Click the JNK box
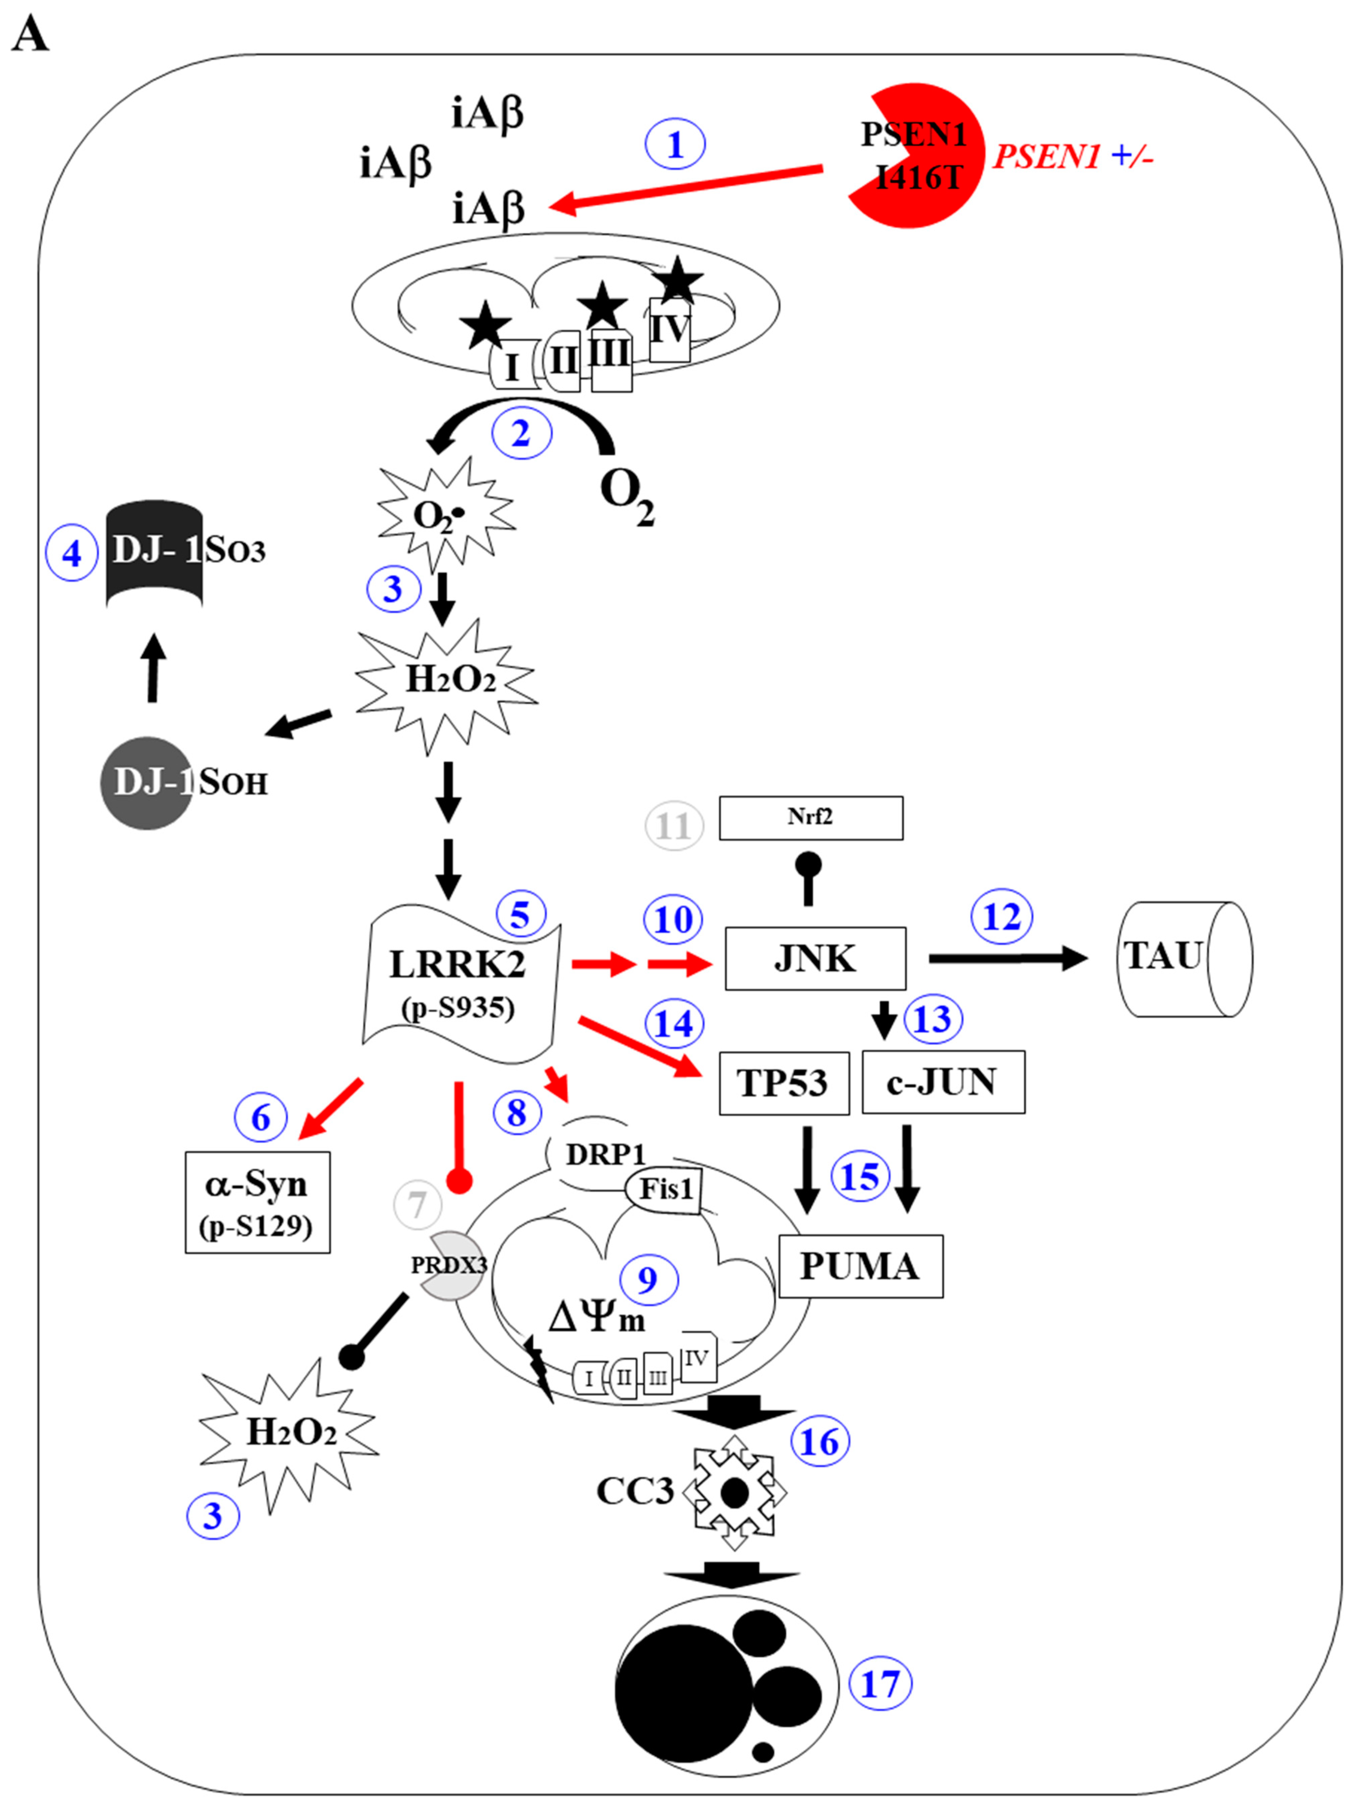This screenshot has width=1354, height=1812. [815, 958]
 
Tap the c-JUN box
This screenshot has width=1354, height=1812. [943, 1081]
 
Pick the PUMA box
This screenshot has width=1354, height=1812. [860, 1266]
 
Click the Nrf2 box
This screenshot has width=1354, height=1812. [810, 817]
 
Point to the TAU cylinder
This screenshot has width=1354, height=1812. [1184, 958]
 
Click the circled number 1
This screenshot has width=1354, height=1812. [675, 144]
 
